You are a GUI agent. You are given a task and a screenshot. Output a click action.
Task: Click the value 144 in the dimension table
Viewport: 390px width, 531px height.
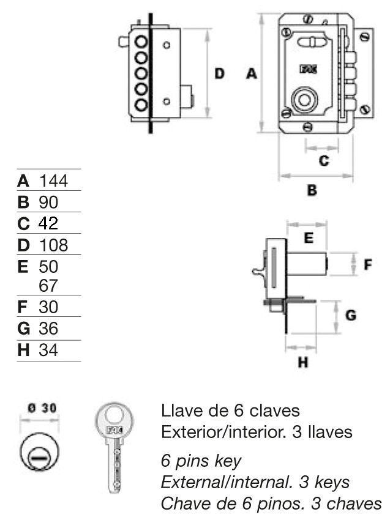[x=53, y=181]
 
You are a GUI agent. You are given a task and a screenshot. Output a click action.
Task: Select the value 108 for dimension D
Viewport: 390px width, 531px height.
[x=53, y=245]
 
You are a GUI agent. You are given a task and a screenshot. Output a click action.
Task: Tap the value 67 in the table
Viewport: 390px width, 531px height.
[x=48, y=286]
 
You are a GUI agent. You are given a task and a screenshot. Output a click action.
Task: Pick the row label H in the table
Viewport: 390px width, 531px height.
[x=23, y=350]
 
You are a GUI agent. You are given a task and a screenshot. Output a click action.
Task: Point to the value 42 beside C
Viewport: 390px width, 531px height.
[x=48, y=223]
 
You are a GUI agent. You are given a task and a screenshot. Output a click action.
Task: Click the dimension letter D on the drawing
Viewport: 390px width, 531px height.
[x=220, y=73]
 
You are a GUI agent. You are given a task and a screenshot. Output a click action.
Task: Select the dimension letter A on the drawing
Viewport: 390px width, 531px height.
[x=252, y=73]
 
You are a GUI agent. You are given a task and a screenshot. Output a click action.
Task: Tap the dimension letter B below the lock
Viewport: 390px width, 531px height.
[x=312, y=190]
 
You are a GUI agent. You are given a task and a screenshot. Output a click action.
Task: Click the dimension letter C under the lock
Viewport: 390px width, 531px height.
[x=324, y=160]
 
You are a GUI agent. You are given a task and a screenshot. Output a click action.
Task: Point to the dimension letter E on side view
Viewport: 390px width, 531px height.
[x=309, y=238]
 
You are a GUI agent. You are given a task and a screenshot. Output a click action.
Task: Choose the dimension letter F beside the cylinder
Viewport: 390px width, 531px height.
[x=367, y=264]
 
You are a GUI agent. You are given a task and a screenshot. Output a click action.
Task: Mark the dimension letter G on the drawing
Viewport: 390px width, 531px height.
[x=351, y=316]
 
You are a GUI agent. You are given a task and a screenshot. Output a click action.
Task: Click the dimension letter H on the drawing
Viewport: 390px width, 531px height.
[x=303, y=362]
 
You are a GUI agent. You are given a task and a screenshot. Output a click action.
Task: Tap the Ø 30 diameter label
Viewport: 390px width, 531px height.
[x=42, y=408]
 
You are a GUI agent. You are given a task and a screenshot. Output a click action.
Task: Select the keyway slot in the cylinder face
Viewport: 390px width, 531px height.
[x=39, y=458]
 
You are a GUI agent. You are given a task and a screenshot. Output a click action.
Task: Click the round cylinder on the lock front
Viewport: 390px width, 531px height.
[x=304, y=100]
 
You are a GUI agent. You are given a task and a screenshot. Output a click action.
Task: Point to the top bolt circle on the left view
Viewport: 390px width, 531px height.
[x=141, y=42]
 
